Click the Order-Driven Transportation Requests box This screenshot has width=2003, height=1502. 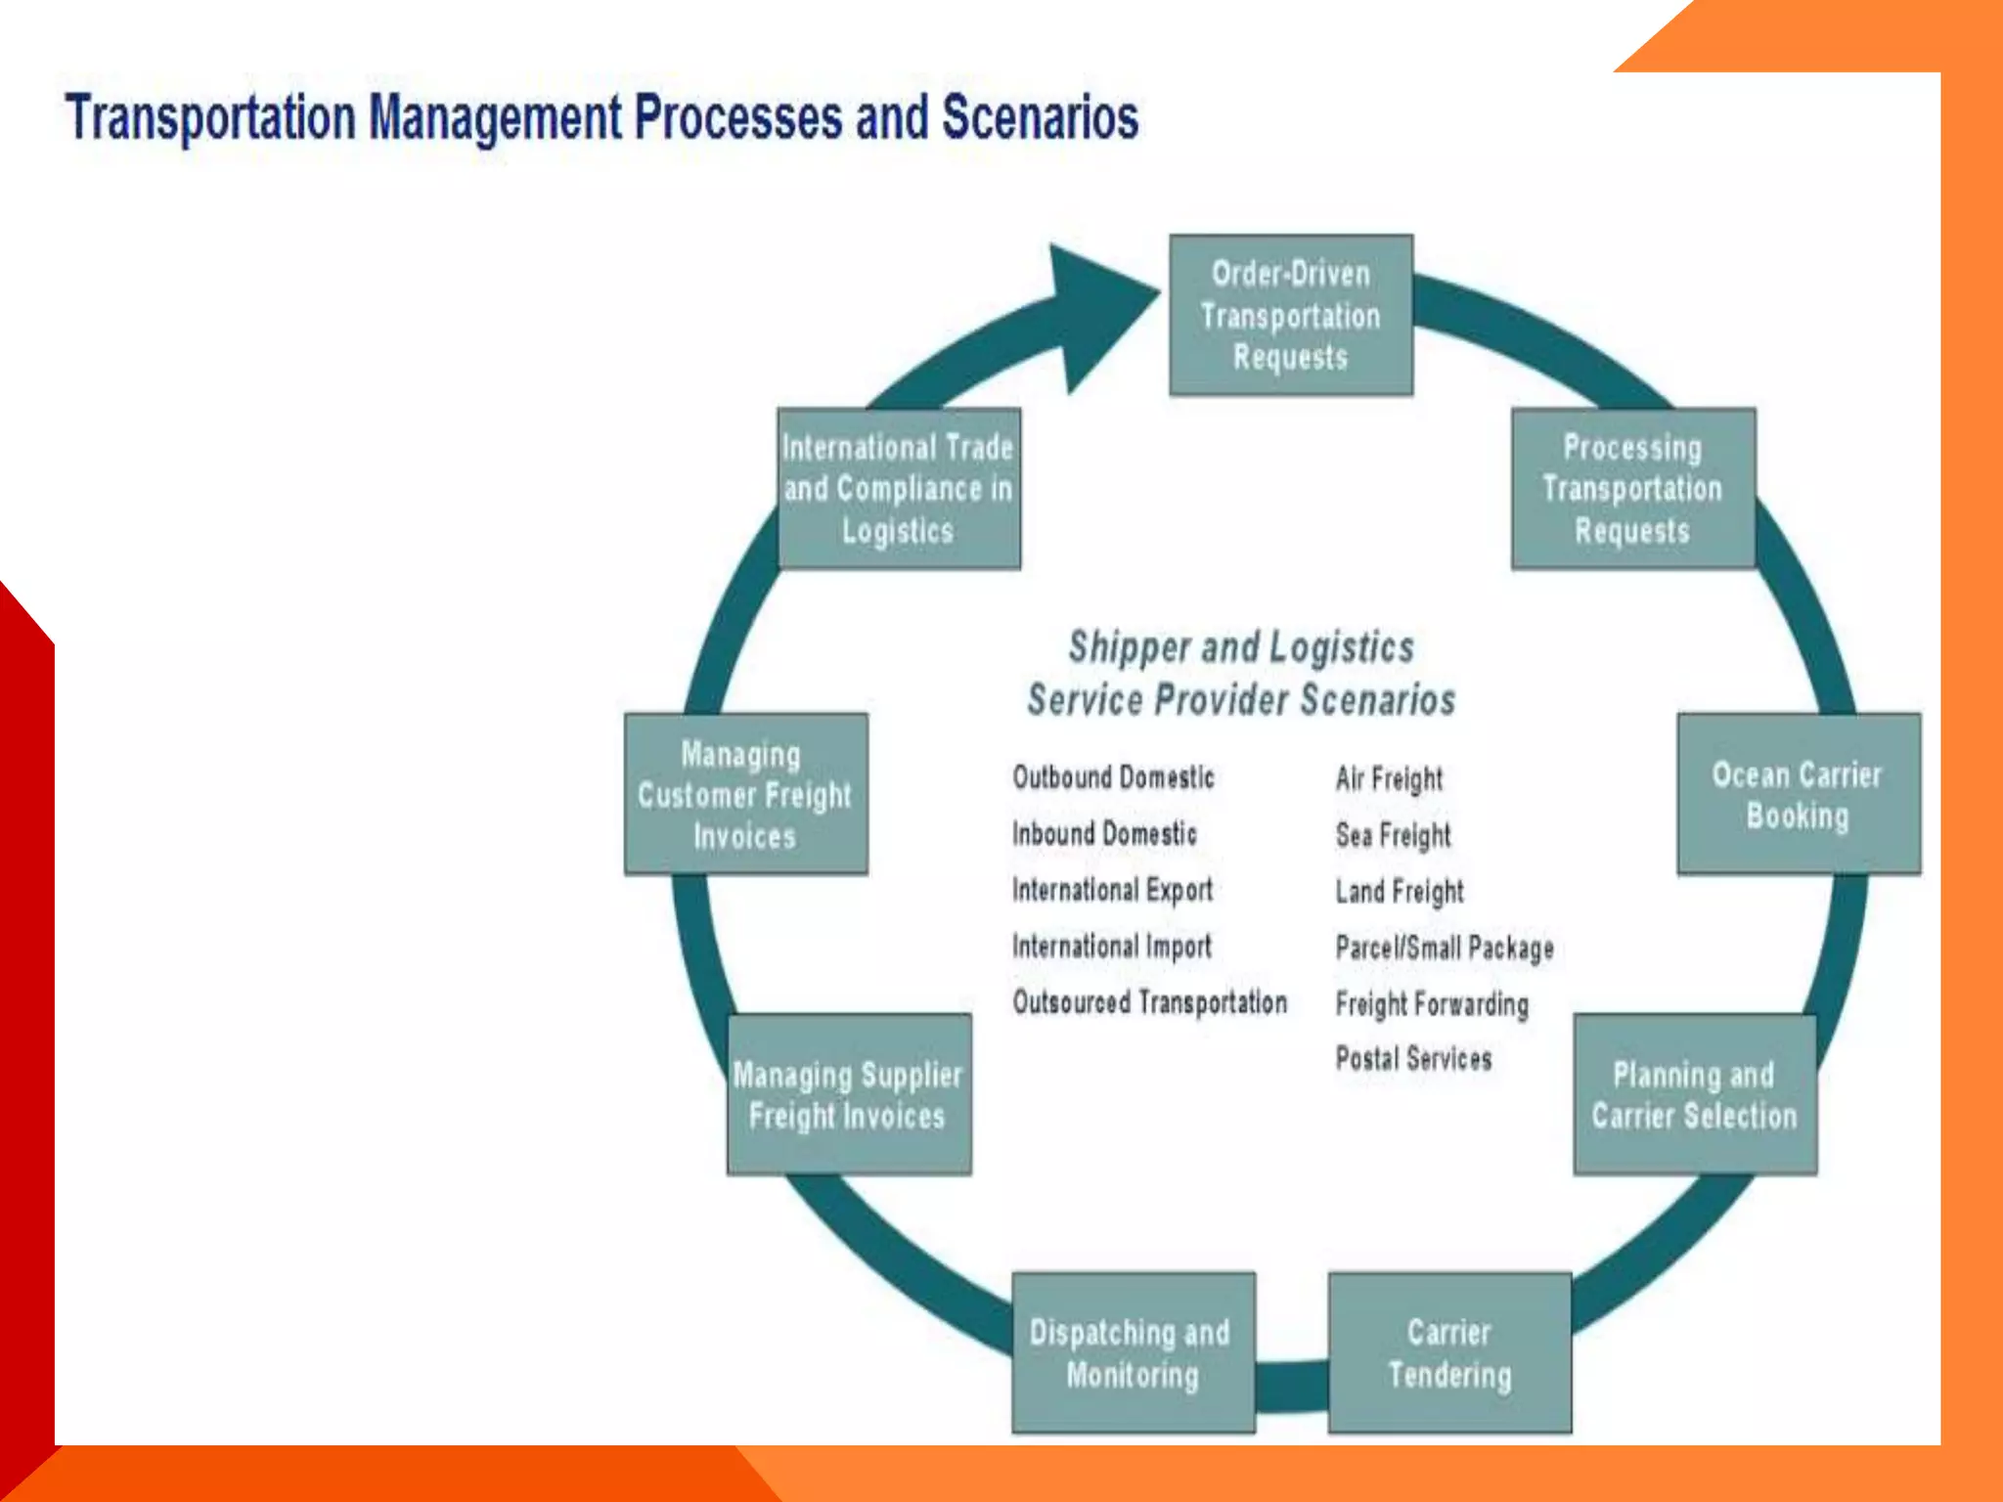[1290, 315]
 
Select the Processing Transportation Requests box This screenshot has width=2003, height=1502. [1632, 488]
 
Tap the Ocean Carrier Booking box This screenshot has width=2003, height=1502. [1798, 794]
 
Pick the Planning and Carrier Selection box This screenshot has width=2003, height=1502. [1694, 1094]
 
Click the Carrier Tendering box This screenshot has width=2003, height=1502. [1448, 1352]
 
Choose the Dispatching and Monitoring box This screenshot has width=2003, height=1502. [1133, 1352]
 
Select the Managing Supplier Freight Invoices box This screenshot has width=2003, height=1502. [848, 1094]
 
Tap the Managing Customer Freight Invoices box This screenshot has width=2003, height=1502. [745, 794]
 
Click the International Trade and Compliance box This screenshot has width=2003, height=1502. [898, 488]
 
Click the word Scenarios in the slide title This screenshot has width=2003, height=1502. [1039, 117]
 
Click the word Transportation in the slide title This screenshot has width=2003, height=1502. [210, 117]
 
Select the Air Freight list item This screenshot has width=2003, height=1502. [1389, 778]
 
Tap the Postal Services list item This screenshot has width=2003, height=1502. [1413, 1058]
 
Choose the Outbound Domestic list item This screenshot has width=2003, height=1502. [1113, 777]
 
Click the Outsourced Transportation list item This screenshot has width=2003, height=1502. [1149, 1002]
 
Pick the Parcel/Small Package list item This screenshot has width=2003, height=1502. [1444, 948]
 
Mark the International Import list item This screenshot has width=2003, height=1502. [1111, 947]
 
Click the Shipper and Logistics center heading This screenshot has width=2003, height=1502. [1240, 647]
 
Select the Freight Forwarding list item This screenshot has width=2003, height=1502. [1431, 1004]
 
